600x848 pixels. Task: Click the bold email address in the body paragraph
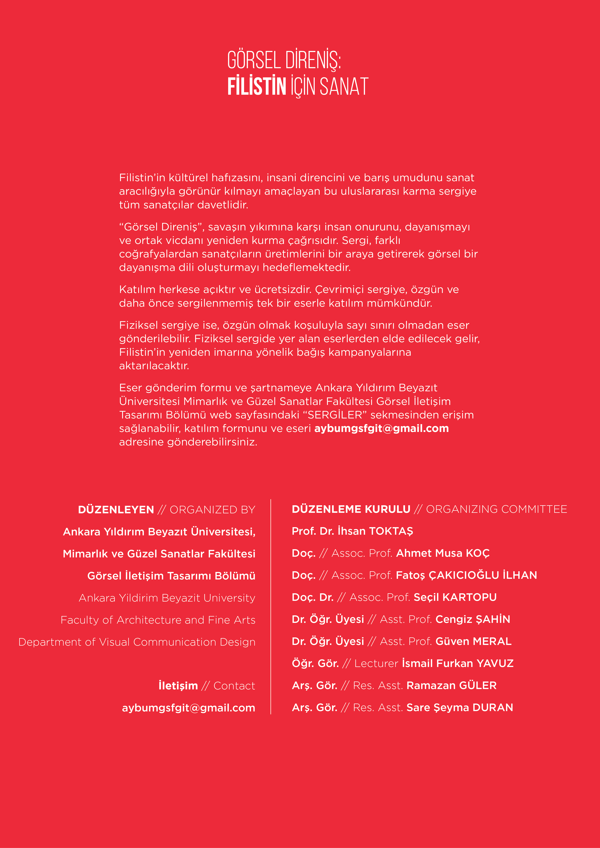coord(381,428)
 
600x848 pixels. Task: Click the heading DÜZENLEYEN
coord(116,510)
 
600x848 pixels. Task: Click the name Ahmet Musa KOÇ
coord(443,553)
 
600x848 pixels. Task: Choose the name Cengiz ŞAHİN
coord(473,619)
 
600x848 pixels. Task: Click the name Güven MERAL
coord(473,642)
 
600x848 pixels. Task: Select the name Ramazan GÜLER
coord(451,685)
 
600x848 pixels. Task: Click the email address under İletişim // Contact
coord(188,708)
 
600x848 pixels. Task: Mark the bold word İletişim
coord(178,686)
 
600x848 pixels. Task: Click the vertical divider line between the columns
coord(271,606)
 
